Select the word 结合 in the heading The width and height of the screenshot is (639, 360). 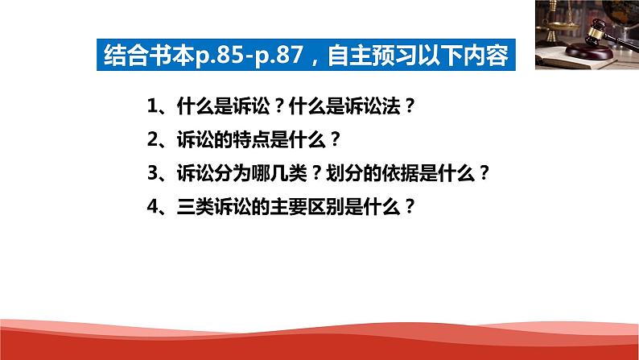tap(126, 55)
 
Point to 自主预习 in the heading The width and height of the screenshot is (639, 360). tap(371, 55)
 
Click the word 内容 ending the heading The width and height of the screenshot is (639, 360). tap(486, 55)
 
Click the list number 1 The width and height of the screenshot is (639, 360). tap(153, 106)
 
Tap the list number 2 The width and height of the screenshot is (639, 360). tap(153, 139)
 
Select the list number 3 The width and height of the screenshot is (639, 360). tap(153, 173)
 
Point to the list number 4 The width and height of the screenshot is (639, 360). tap(153, 206)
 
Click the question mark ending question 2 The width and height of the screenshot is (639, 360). tap(335, 139)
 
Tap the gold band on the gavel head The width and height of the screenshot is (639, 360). tap(597, 27)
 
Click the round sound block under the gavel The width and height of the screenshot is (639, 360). tap(589, 51)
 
